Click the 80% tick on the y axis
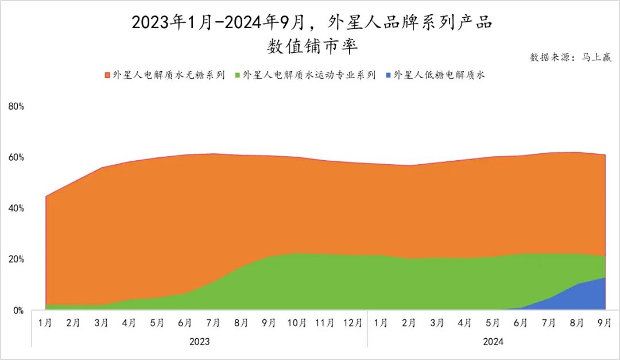16,106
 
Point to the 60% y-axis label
16,157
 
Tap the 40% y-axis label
16,208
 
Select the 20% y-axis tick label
16,259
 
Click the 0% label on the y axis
18,310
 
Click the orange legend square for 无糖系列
107,75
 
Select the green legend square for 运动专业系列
238,75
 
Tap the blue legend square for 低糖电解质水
389,75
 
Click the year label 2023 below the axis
199,341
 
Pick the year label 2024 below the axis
493,341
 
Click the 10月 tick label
297,323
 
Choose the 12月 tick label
352,323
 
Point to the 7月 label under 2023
213,323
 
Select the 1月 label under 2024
381,323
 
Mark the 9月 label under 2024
604,323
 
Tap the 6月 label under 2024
521,323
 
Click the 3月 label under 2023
101,323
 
